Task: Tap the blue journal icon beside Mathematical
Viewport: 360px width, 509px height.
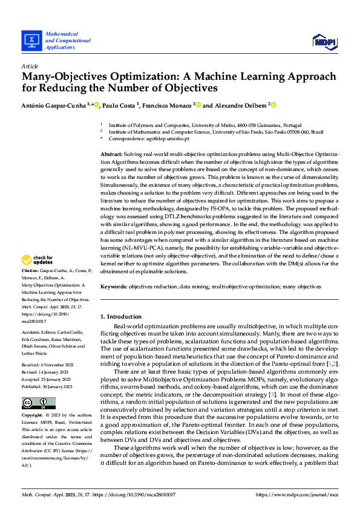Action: (x=31, y=41)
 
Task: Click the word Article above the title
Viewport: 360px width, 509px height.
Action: (x=30, y=66)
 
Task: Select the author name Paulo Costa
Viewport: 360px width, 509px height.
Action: (x=120, y=105)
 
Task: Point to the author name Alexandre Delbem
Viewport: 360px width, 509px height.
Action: (x=241, y=105)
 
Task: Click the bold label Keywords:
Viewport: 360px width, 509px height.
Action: (x=113, y=286)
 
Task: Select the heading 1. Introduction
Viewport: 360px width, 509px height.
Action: (x=121, y=317)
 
